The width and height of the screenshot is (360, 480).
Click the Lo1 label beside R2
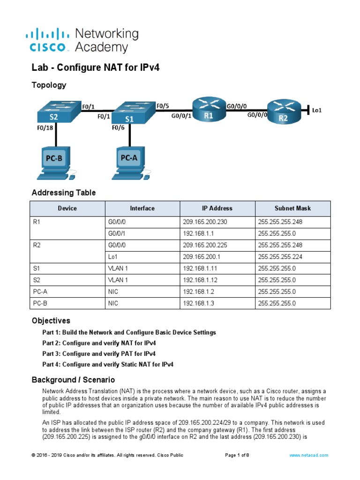317,111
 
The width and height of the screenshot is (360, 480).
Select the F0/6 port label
118,127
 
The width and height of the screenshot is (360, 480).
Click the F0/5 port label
163,106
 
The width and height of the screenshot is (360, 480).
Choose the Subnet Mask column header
292,208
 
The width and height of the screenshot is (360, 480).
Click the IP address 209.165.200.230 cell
205,222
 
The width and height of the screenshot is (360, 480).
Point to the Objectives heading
51,321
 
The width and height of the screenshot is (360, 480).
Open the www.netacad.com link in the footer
309,455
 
